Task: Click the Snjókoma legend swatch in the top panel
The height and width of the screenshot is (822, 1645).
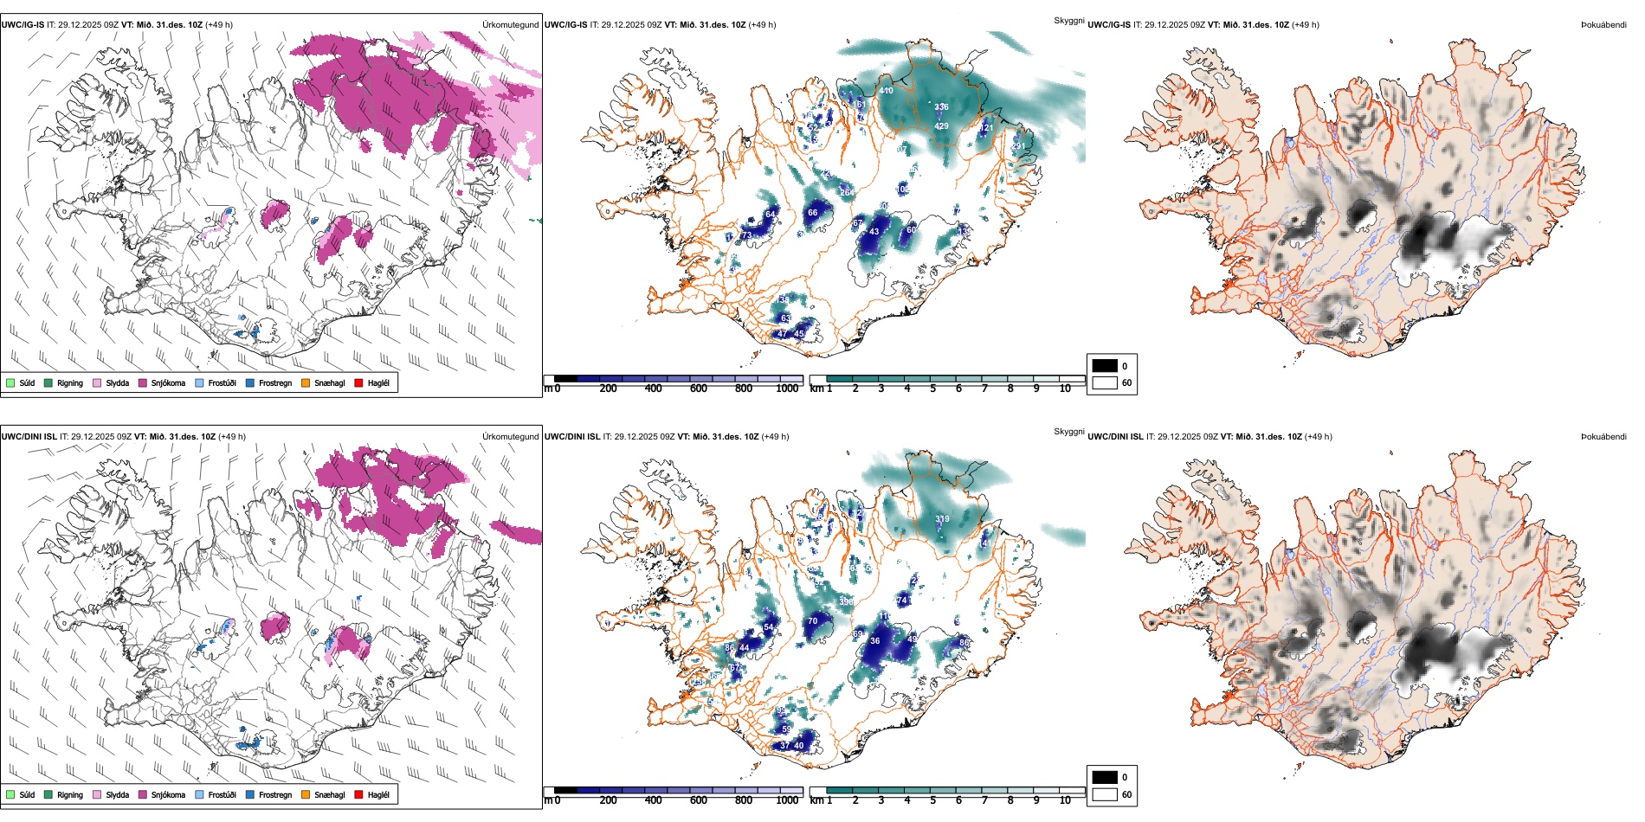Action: (x=143, y=382)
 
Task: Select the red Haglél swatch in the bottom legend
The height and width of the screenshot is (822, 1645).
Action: (x=359, y=794)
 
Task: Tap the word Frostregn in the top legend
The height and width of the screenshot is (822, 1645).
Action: (x=274, y=382)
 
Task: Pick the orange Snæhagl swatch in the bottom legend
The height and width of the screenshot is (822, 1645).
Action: (x=306, y=794)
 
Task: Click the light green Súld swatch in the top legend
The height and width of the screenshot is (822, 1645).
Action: (x=10, y=382)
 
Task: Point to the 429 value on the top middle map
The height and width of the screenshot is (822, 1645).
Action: (x=941, y=126)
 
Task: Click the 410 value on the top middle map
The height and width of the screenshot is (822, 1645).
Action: (x=886, y=91)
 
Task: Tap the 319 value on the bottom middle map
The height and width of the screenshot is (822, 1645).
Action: (x=942, y=519)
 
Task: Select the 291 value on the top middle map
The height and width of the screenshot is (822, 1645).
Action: (x=1018, y=146)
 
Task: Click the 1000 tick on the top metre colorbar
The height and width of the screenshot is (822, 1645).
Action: (x=787, y=389)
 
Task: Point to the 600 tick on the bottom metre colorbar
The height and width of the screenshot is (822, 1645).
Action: (x=698, y=800)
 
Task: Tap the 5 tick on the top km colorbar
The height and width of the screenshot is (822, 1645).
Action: (x=932, y=389)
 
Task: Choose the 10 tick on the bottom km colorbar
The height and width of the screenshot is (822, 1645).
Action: (x=1065, y=800)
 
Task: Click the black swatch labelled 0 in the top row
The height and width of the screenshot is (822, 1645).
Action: (x=1105, y=365)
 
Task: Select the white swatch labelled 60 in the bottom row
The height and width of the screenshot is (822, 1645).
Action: (x=1105, y=794)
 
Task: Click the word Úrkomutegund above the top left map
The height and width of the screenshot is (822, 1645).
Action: (x=510, y=25)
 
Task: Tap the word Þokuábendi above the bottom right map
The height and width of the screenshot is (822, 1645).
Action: (x=1603, y=437)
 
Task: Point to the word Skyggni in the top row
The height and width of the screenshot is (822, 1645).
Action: (x=1068, y=20)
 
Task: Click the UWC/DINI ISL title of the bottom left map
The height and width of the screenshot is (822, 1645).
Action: (x=29, y=437)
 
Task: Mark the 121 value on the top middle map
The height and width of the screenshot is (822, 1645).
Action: (x=986, y=128)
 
